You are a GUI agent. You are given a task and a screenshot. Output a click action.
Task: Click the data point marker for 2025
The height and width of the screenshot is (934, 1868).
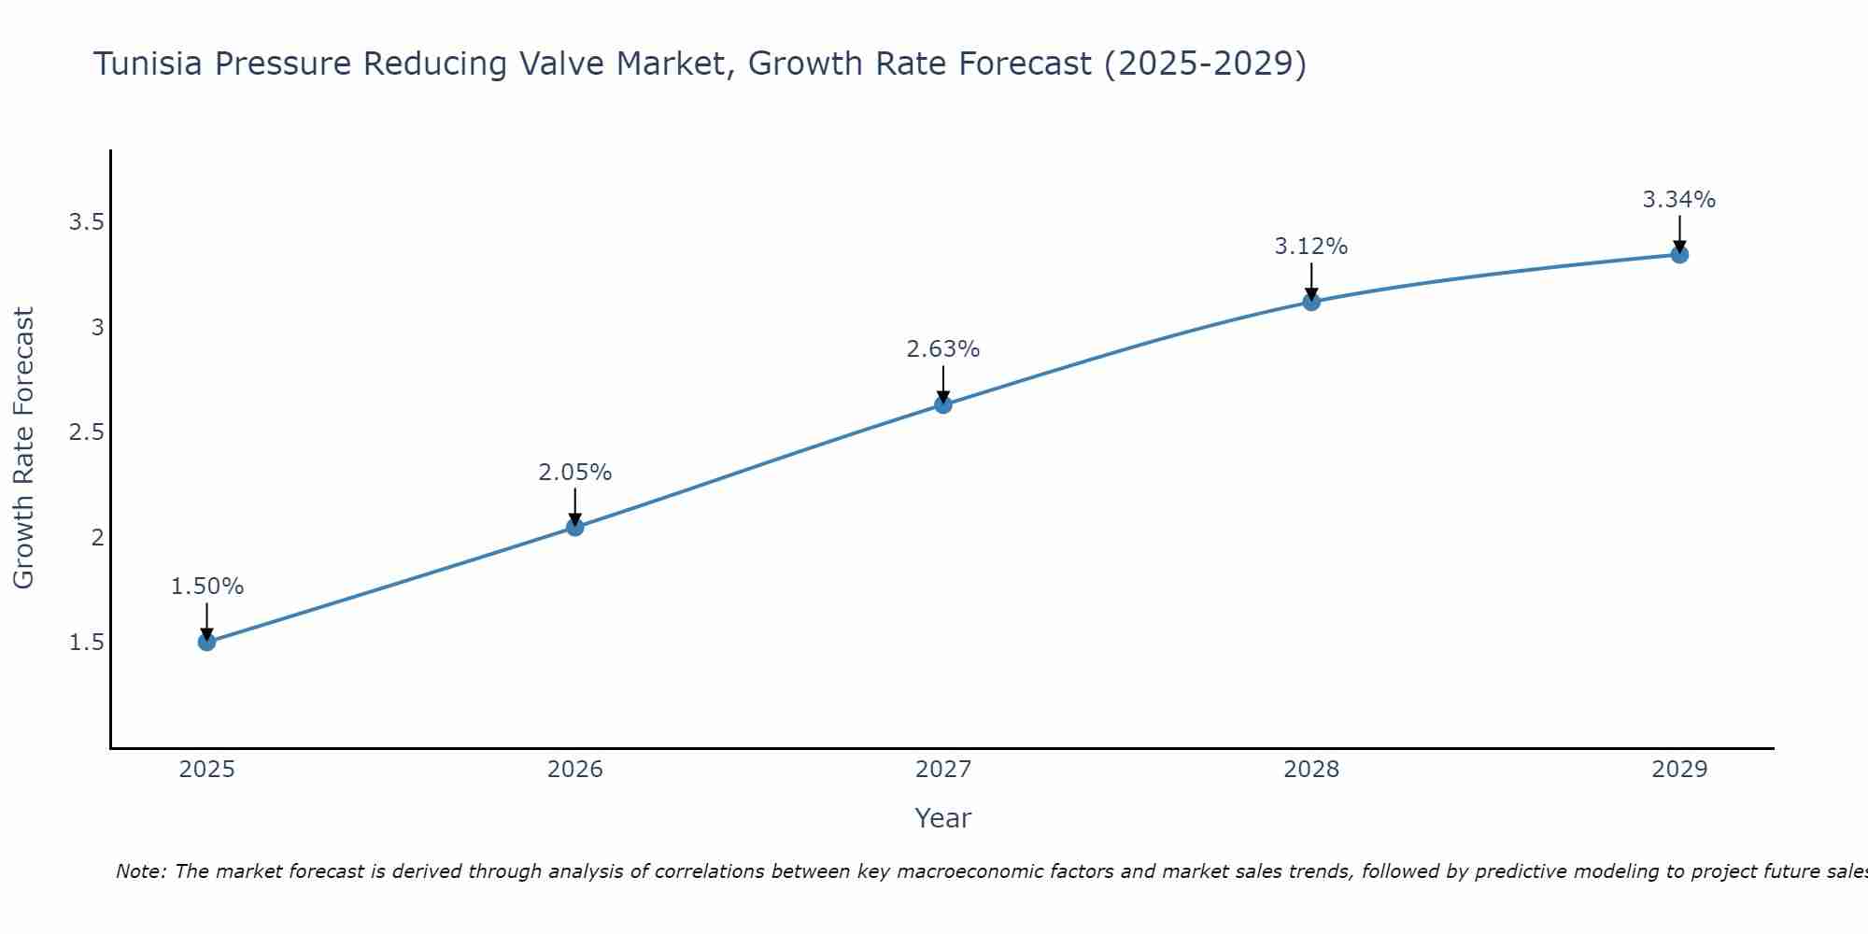(x=207, y=642)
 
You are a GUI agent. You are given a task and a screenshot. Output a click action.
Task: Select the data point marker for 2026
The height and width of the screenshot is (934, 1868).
(x=575, y=527)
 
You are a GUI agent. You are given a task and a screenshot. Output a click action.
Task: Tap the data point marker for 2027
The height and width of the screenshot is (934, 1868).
(x=943, y=404)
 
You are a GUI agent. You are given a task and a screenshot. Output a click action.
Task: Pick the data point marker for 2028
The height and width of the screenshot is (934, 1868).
(x=1311, y=302)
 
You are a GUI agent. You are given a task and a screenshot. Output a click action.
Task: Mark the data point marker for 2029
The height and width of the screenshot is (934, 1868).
(x=1679, y=255)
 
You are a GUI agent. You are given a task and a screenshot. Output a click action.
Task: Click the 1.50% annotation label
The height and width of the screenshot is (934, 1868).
(x=207, y=587)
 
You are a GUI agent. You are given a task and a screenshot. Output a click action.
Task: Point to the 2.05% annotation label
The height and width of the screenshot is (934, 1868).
(x=575, y=473)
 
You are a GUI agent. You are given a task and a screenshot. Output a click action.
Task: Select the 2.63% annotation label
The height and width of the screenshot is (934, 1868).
(x=943, y=349)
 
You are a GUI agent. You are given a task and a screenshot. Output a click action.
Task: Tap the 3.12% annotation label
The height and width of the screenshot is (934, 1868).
(x=1311, y=247)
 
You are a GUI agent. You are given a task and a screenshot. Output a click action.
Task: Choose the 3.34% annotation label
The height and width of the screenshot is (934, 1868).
(x=1679, y=200)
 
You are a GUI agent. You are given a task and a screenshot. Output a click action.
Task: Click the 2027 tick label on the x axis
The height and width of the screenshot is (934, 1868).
(x=943, y=770)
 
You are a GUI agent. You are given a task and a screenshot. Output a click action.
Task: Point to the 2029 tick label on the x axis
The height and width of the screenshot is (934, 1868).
(x=1679, y=770)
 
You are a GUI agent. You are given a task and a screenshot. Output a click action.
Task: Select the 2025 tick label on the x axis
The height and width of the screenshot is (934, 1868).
(x=207, y=770)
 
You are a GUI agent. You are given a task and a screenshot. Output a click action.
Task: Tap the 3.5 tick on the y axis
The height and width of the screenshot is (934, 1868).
(x=86, y=222)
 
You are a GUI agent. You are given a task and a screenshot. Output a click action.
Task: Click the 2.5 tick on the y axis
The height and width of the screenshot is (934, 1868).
(x=86, y=432)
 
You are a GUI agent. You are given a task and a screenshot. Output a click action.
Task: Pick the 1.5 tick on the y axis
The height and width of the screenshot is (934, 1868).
(x=86, y=643)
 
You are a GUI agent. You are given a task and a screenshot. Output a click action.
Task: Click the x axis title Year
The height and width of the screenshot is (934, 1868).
(x=943, y=818)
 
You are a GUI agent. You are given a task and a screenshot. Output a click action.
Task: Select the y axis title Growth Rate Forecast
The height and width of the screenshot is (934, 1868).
(x=24, y=448)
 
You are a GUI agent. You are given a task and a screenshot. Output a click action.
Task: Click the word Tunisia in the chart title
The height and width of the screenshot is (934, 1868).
(x=149, y=64)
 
